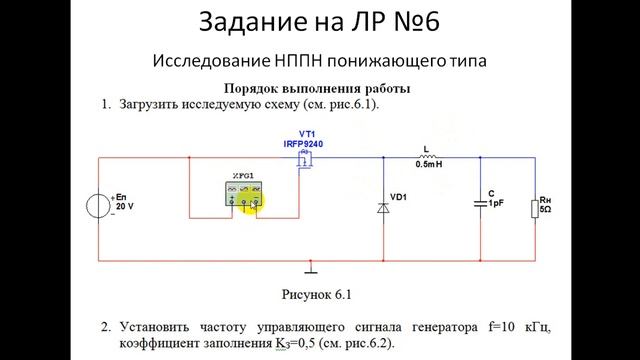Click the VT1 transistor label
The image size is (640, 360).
(x=307, y=133)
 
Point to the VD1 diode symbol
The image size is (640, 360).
(x=383, y=207)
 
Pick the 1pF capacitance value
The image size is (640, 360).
(x=495, y=203)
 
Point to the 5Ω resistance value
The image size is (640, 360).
(x=546, y=210)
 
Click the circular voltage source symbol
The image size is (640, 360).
(x=99, y=207)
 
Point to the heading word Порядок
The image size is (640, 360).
(x=254, y=87)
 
